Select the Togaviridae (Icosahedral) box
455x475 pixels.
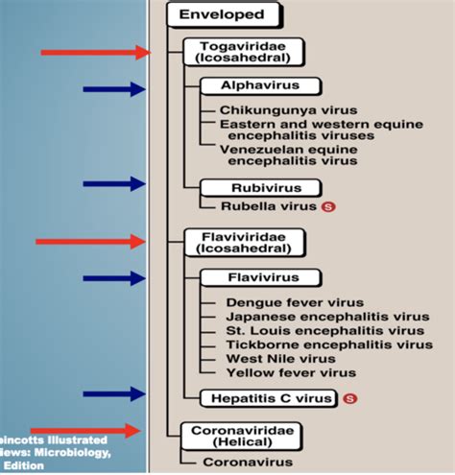click(243, 51)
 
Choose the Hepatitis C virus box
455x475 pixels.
click(269, 396)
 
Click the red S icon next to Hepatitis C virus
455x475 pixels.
click(349, 396)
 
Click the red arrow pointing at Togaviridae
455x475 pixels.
click(94, 53)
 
